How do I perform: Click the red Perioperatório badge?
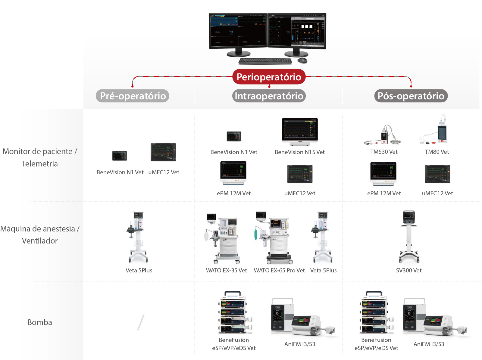pyautogui.click(x=269, y=77)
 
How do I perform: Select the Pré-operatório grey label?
pyautogui.click(x=133, y=96)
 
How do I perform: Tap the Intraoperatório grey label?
pyautogui.click(x=269, y=96)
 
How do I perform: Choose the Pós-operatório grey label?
pyautogui.click(x=411, y=96)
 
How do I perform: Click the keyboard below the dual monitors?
pyautogui.click(x=265, y=61)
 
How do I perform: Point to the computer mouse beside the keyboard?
pyautogui.click(x=302, y=61)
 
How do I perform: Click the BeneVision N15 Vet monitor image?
pyautogui.click(x=300, y=131)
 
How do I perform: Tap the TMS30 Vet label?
pyautogui.click(x=384, y=152)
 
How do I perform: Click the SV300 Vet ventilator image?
pyautogui.click(x=409, y=236)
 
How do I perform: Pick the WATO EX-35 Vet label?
pyautogui.click(x=226, y=270)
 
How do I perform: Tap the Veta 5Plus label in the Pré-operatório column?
pyautogui.click(x=139, y=270)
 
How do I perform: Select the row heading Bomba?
pyautogui.click(x=40, y=322)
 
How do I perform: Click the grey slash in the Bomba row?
pyautogui.click(x=141, y=322)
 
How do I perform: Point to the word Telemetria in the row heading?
pyautogui.click(x=40, y=164)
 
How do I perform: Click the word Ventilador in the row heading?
pyautogui.click(x=40, y=241)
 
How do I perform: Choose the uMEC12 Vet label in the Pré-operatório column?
pyautogui.click(x=164, y=172)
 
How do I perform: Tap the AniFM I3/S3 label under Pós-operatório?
pyautogui.click(x=429, y=344)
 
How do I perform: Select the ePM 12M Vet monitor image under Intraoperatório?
pyautogui.click(x=233, y=173)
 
